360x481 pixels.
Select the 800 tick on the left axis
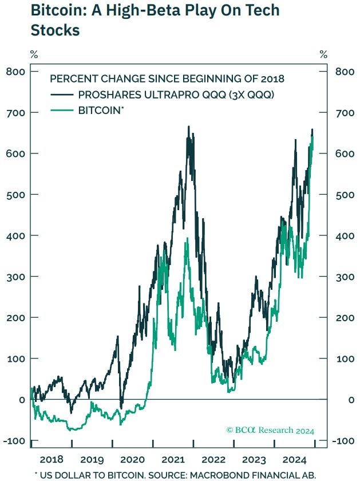[x=17, y=72]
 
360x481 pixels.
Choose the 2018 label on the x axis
[x=52, y=459]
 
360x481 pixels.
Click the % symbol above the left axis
[x=34, y=54]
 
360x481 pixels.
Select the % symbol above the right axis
[x=324, y=54]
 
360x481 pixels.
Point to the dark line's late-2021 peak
[x=188, y=127]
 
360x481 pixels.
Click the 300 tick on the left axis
[x=17, y=277]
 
